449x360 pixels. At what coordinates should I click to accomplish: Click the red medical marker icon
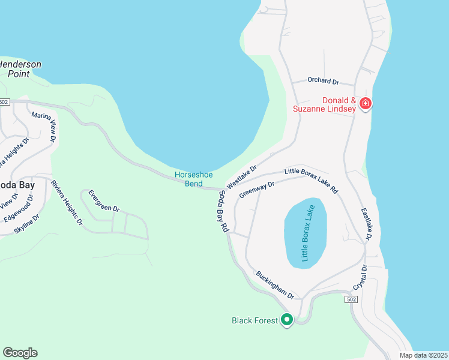click(x=365, y=104)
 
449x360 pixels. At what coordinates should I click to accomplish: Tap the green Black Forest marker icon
click(x=287, y=320)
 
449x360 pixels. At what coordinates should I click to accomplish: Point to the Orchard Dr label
click(x=323, y=80)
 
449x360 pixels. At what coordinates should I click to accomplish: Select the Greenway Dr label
click(x=256, y=190)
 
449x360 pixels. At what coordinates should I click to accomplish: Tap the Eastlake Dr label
click(x=367, y=225)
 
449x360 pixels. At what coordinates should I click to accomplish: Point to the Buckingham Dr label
click(x=275, y=285)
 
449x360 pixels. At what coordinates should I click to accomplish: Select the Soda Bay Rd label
click(x=223, y=211)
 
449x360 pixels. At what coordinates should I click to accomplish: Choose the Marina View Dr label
click(x=44, y=126)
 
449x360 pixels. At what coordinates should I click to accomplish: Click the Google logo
click(x=20, y=353)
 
